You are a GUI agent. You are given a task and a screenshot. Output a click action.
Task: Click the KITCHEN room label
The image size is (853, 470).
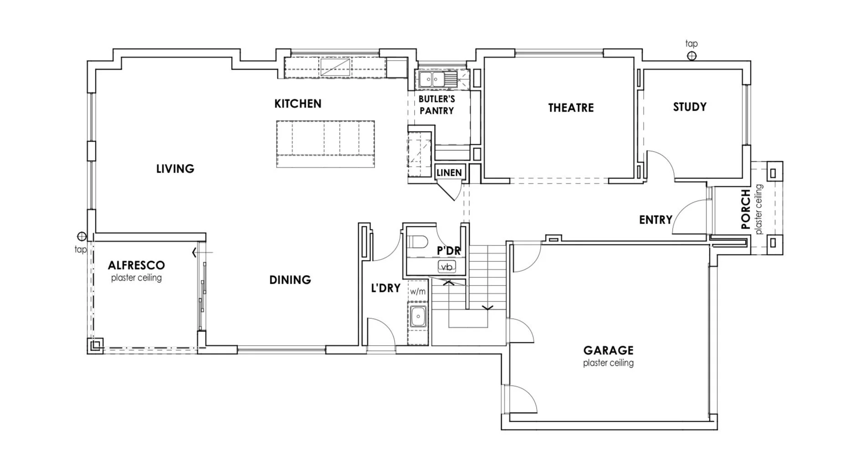coord(298,104)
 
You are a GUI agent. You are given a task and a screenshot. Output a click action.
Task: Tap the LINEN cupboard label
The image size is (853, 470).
coord(449,173)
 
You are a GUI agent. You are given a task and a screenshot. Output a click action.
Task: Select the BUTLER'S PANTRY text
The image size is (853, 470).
coord(437,105)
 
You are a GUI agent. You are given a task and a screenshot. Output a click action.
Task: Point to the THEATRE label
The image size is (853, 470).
coord(571,108)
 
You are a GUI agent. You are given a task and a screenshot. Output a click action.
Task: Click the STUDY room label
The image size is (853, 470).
coord(690,107)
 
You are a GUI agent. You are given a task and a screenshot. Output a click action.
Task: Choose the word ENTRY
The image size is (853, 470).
coord(655,220)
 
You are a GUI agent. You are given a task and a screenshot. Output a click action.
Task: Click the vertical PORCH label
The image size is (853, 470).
coord(745,209)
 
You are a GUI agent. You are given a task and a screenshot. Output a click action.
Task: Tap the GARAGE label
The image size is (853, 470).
coord(608,350)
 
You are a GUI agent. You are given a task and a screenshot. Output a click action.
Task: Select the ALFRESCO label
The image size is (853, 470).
coord(136,265)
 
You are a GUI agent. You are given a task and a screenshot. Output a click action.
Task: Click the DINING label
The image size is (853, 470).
coord(290,280)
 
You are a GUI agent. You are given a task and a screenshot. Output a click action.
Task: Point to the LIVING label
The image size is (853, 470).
coord(175,169)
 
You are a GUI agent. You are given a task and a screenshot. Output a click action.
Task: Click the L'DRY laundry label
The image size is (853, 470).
coord(386,288)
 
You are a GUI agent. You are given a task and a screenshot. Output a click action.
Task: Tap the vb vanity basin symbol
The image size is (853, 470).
coord(447,267)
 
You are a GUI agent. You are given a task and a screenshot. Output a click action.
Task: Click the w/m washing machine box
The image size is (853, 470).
coord(418,291)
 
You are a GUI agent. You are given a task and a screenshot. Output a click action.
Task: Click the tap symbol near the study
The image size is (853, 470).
coord(691,56)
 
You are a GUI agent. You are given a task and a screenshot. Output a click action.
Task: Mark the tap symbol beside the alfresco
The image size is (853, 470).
coord(82,236)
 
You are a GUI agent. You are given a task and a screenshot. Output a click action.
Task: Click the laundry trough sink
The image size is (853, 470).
coord(418,317)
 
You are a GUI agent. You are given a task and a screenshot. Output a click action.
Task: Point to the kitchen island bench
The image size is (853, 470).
coord(325,144)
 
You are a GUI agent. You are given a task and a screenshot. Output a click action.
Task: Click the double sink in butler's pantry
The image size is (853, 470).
coord(432,79)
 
